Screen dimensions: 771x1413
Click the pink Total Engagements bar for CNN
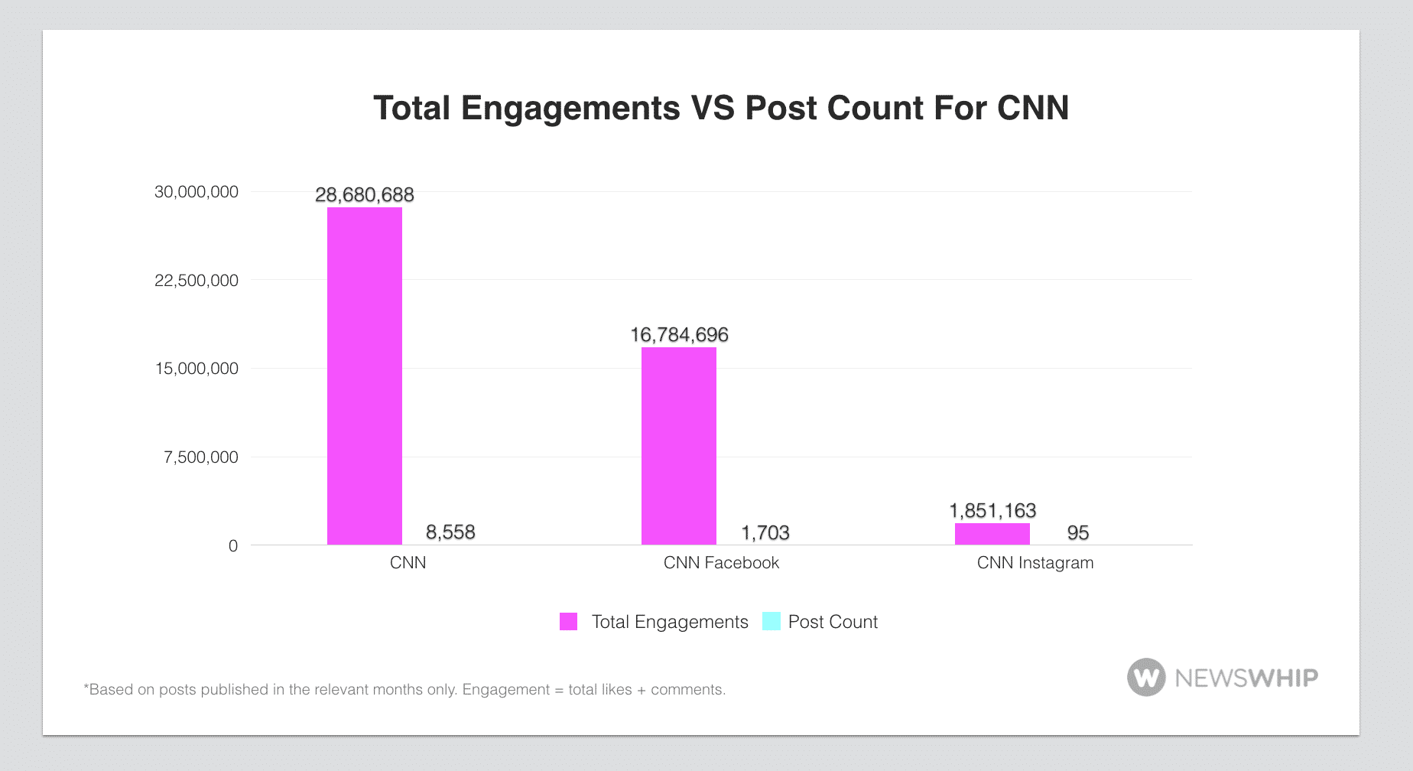[x=365, y=376]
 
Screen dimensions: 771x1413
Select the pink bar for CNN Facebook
[x=679, y=446]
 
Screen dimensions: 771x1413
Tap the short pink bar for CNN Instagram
[x=992, y=534]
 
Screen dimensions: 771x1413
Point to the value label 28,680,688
[x=365, y=195]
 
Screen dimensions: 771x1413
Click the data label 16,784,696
[x=679, y=335]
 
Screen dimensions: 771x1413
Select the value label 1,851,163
[x=992, y=511]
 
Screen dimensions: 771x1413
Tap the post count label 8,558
[x=450, y=532]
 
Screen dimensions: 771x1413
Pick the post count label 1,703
[x=765, y=533]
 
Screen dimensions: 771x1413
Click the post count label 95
[x=1078, y=533]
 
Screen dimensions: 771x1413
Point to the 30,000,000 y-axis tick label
[x=197, y=192]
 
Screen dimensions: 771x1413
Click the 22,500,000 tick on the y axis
[x=197, y=281]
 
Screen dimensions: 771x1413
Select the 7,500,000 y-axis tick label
[x=201, y=457]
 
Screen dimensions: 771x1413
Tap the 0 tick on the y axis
[x=233, y=546]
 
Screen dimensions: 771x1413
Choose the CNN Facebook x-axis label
[x=721, y=563]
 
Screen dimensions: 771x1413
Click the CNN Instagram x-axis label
[x=1035, y=563]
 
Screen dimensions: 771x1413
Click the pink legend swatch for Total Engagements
[x=569, y=622]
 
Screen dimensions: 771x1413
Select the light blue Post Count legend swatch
[x=771, y=622]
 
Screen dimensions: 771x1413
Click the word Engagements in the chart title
[x=570, y=109]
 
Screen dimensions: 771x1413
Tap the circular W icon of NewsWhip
[x=1146, y=678]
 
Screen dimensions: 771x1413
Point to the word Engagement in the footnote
[x=505, y=690]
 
